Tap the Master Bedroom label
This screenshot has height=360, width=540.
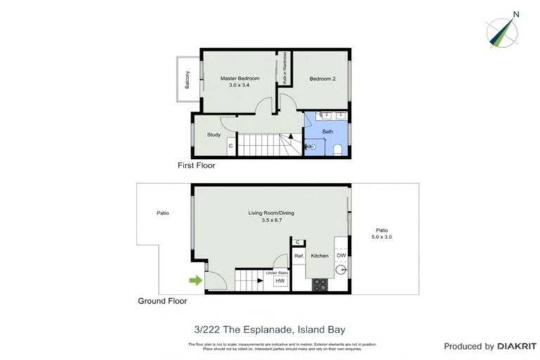coord(239,78)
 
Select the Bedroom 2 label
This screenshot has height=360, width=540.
coord(323,79)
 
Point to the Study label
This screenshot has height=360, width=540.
coord(214,135)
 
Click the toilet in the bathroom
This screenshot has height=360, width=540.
coord(337,148)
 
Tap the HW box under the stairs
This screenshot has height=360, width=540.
coord(278,281)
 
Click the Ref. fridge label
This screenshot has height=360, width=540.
coord(299,256)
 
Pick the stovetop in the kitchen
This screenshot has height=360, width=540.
coord(319,285)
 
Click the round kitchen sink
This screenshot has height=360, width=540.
coord(341,269)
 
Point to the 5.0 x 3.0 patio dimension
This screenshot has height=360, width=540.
coord(382,238)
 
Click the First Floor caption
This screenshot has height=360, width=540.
coord(196,167)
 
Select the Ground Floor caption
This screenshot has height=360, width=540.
coord(162,301)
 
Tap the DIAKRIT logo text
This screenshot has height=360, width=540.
coord(517,346)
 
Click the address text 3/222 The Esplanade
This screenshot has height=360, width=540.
coord(269,328)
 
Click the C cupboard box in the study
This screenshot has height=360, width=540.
coord(231,146)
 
